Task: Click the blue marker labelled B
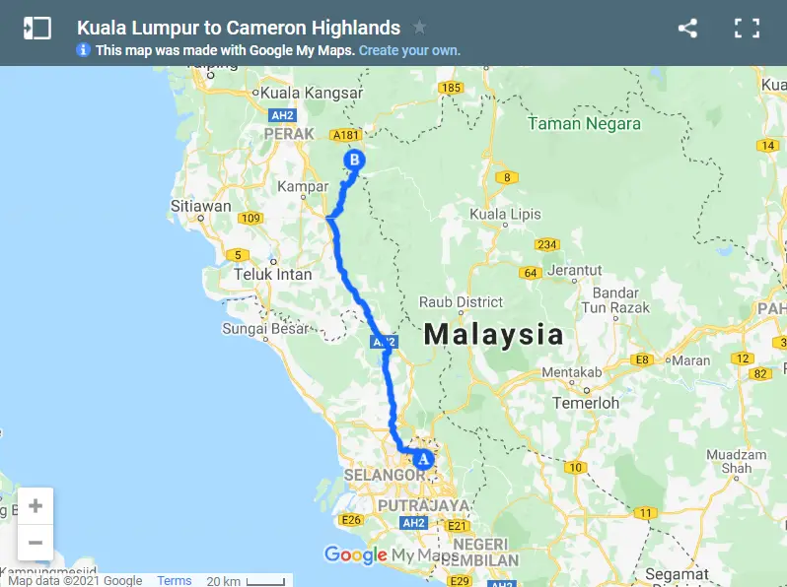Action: coord(354,161)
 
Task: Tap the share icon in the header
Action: coord(687,29)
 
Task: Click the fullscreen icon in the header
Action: coord(747,29)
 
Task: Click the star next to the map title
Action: coord(420,28)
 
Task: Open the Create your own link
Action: coord(409,50)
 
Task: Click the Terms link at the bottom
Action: coord(175,581)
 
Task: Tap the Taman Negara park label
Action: coord(584,124)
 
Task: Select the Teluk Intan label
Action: coord(272,275)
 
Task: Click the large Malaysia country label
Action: coord(493,335)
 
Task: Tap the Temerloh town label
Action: coord(584,403)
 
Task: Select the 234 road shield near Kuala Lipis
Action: coord(547,244)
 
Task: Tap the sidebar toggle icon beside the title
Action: coord(36,29)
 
